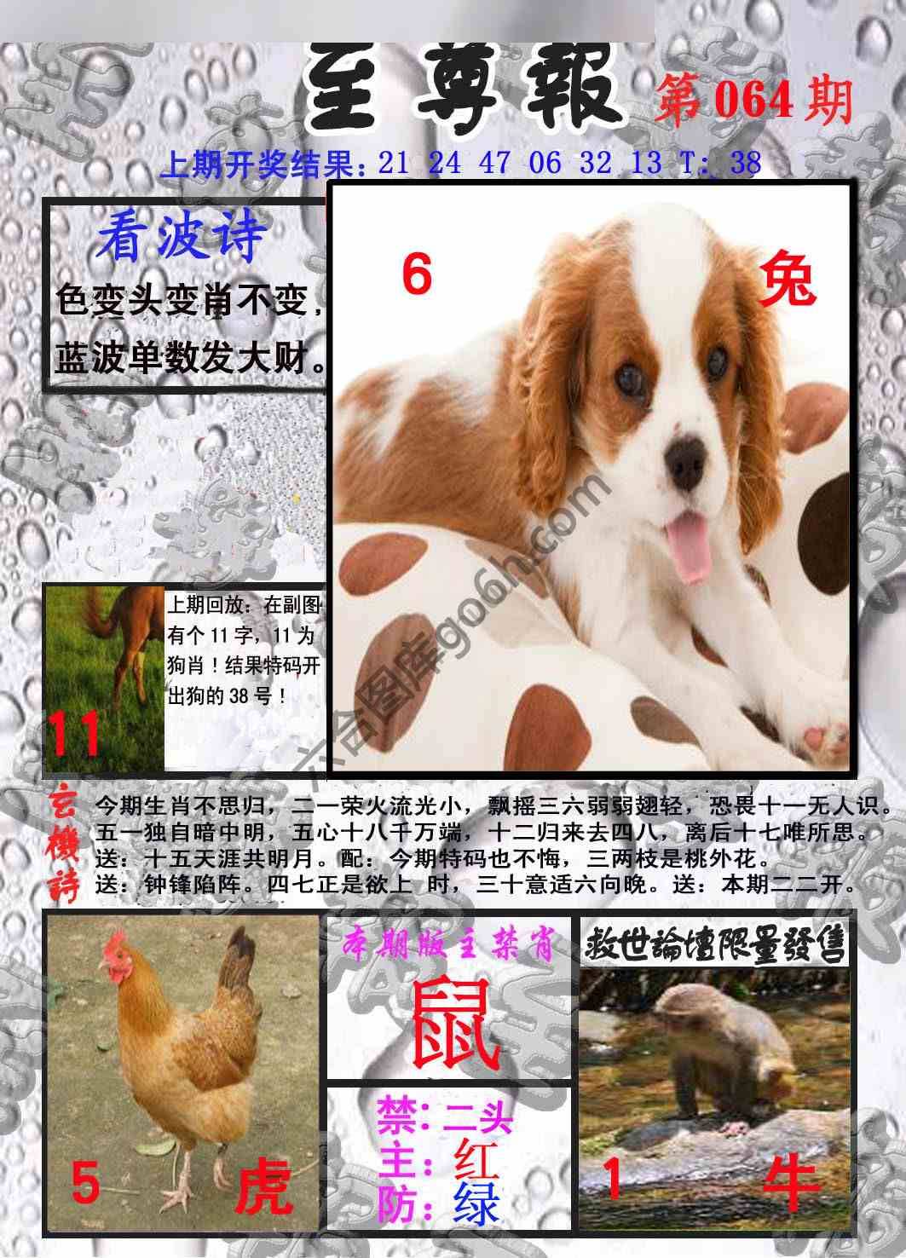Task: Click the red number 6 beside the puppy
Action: click(417, 275)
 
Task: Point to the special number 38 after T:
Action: click(745, 162)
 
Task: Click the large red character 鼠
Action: click(455, 1024)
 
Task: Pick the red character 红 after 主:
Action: click(476, 1157)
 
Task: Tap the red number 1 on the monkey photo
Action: click(611, 1180)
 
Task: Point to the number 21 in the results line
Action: click(394, 162)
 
